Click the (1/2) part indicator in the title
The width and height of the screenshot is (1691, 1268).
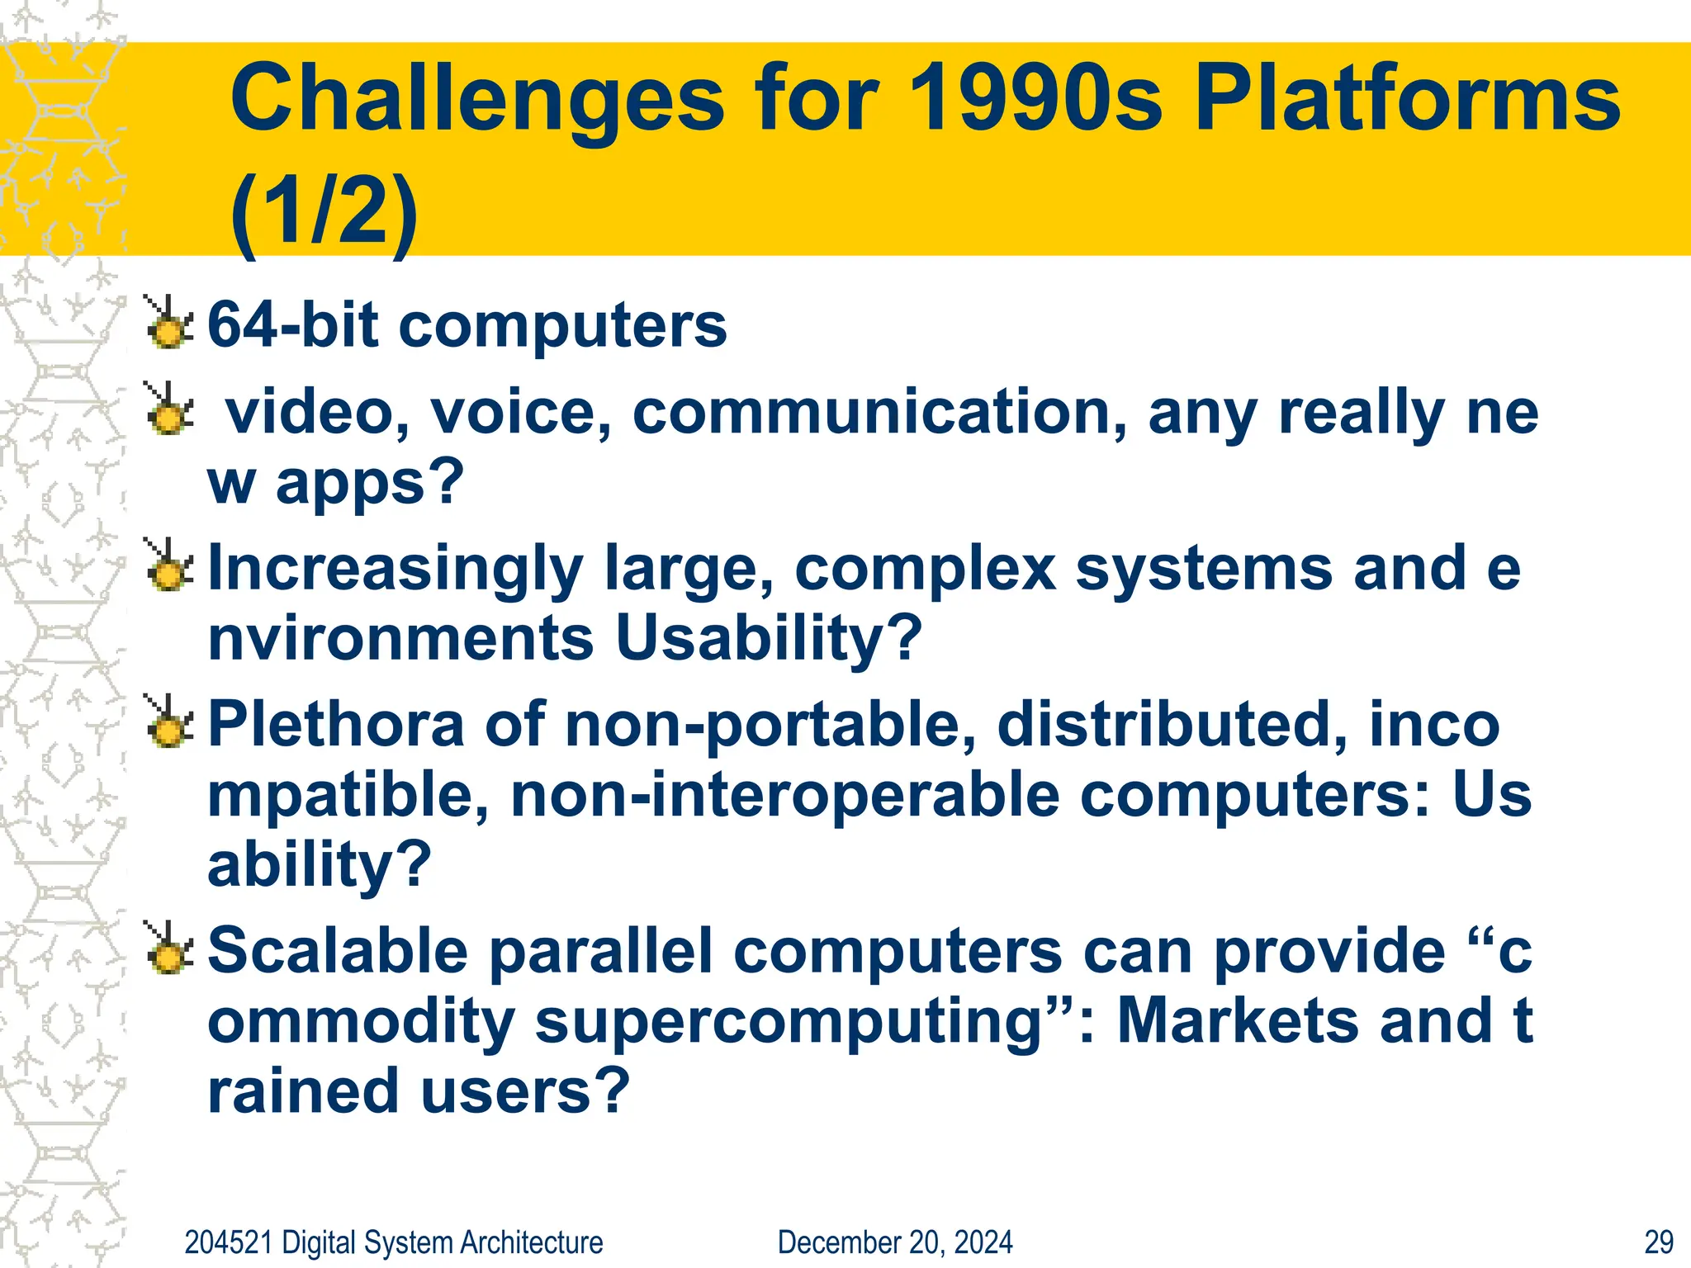point(324,212)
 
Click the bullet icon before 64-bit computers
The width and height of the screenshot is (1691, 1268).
point(169,324)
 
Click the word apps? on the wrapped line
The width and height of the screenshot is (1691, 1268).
point(370,482)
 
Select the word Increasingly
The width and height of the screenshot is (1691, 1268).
point(395,570)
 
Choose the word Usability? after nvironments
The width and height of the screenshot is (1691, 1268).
point(768,638)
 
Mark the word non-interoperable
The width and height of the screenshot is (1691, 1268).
point(784,795)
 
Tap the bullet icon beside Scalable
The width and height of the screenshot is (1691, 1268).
point(169,949)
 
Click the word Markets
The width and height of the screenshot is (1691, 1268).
point(1237,1021)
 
